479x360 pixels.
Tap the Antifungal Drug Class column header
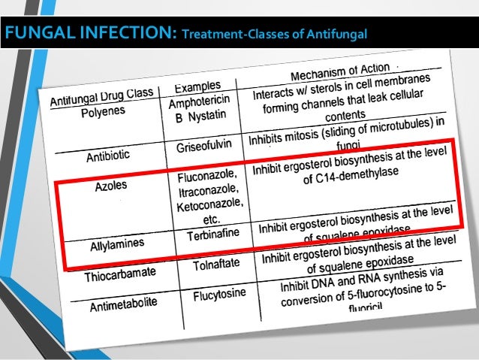pos(102,100)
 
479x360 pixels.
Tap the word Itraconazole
pos(207,191)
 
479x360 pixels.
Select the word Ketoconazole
pos(209,204)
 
